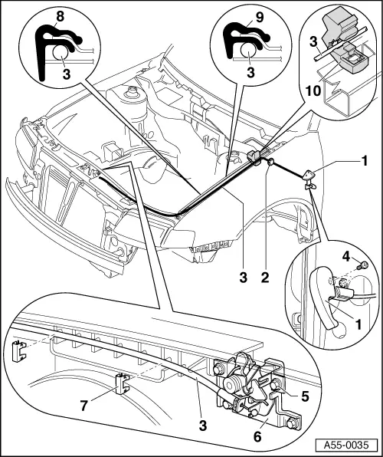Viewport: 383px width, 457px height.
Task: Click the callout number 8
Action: click(60, 17)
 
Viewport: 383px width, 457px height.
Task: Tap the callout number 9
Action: click(259, 17)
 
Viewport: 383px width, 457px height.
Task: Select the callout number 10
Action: click(313, 91)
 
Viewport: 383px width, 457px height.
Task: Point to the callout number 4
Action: click(345, 257)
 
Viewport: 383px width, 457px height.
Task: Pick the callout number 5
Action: click(305, 396)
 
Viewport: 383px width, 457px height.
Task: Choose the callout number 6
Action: click(257, 436)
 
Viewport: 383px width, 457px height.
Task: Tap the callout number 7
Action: click(84, 406)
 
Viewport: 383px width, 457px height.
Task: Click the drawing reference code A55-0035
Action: click(346, 445)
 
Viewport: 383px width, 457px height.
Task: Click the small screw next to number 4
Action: click(362, 265)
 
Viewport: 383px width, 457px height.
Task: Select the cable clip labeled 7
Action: click(122, 383)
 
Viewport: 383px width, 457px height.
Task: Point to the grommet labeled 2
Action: click(271, 162)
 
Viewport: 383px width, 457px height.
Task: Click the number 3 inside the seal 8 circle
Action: click(67, 74)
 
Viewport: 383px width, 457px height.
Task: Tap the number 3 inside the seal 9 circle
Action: click(250, 72)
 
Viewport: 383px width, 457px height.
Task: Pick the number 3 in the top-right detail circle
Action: click(313, 42)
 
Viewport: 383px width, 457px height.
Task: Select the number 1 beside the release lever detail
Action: click(358, 324)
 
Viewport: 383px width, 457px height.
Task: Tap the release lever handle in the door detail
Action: click(322, 298)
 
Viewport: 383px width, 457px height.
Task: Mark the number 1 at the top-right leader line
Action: click(364, 161)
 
